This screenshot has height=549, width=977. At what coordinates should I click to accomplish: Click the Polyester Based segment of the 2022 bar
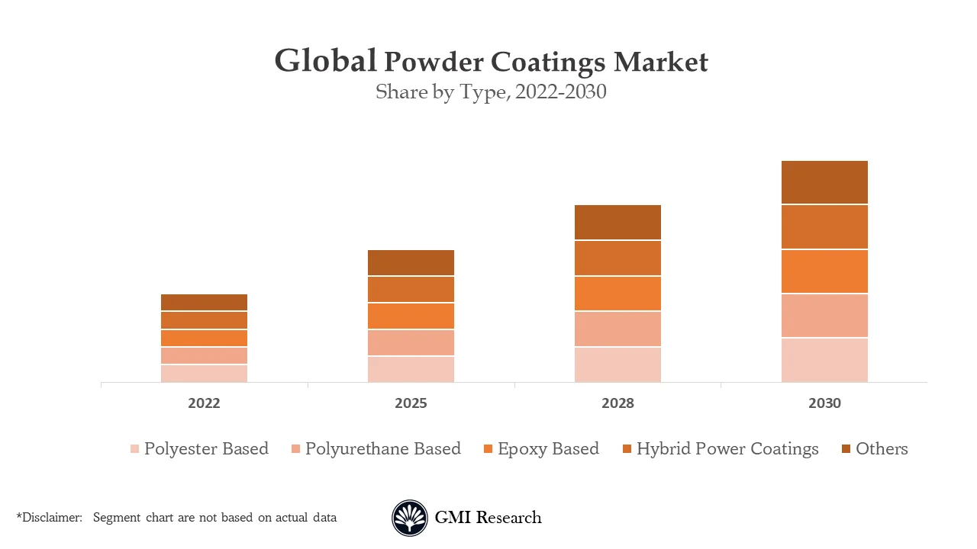204,373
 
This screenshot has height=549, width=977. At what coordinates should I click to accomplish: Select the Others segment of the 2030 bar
824,182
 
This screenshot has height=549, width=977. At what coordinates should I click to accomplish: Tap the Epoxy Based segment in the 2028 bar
617,293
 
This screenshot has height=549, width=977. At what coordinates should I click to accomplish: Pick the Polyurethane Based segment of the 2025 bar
411,342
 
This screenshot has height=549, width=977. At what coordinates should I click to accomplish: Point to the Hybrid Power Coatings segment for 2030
824,226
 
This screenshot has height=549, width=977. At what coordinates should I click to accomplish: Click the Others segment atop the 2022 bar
204,302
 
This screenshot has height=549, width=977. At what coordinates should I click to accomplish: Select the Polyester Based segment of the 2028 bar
617,364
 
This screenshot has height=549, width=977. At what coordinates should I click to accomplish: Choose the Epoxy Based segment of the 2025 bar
411,316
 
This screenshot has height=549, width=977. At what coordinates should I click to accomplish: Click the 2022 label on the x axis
204,403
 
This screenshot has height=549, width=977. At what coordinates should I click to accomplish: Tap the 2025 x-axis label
411,403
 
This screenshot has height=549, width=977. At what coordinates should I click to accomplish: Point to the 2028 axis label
617,403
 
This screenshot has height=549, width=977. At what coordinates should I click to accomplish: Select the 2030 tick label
824,403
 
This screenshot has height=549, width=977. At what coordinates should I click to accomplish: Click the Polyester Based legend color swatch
134,449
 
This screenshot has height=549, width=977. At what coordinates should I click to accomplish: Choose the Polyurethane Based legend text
382,448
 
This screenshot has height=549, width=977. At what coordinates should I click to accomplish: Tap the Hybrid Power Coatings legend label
727,448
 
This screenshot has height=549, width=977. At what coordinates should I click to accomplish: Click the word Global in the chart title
325,61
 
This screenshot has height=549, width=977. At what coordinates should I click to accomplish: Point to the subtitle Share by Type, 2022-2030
491,92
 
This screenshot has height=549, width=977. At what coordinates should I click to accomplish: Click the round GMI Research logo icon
410,518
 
